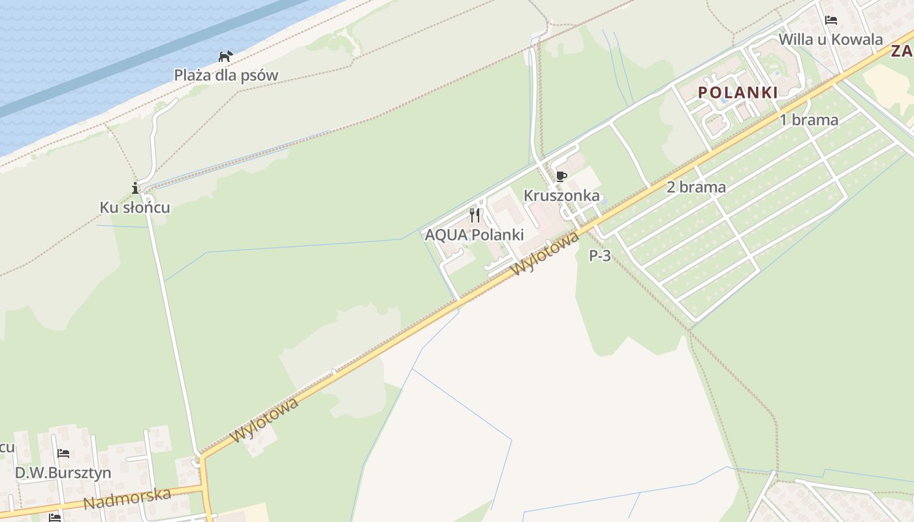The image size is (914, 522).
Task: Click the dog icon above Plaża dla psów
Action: pyautogui.click(x=226, y=56)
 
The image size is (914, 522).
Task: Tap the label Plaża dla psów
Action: pyautogui.click(x=226, y=75)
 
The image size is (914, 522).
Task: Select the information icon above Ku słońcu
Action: pyautogui.click(x=135, y=189)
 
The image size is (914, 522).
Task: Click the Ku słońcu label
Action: pyautogui.click(x=135, y=207)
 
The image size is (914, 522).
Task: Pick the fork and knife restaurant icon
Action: pyautogui.click(x=475, y=215)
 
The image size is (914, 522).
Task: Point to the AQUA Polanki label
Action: pyautogui.click(x=475, y=235)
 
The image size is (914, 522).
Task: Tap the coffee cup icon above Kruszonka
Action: pyautogui.click(x=561, y=176)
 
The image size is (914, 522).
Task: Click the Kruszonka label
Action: pyautogui.click(x=561, y=195)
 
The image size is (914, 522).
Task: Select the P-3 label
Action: pyautogui.click(x=600, y=256)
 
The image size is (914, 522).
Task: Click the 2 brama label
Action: pyautogui.click(x=696, y=187)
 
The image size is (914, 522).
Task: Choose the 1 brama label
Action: pyautogui.click(x=809, y=120)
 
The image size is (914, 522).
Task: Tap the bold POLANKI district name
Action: pyautogui.click(x=738, y=93)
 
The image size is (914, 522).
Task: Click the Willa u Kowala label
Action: pyautogui.click(x=830, y=39)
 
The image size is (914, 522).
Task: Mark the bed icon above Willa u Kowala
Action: pyautogui.click(x=831, y=20)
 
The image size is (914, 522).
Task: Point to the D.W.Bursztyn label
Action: pyautogui.click(x=63, y=472)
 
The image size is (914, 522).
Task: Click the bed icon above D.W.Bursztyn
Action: pyautogui.click(x=63, y=453)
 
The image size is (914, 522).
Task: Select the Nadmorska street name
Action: pyautogui.click(x=127, y=499)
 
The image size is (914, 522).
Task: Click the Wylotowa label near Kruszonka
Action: pyautogui.click(x=546, y=254)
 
